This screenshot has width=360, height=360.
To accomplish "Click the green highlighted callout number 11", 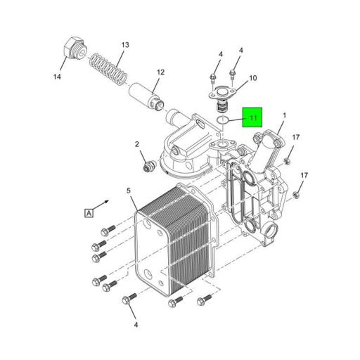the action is [x=253, y=117].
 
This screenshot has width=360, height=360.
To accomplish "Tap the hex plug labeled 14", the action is [x=75, y=50].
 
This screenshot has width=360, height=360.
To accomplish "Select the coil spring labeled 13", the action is [x=109, y=70].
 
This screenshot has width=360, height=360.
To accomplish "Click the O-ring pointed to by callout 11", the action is [x=222, y=120].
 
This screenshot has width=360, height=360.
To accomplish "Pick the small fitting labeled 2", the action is [x=148, y=166].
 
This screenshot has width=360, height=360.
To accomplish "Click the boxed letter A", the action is [x=89, y=213].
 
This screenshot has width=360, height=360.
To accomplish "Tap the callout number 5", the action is [x=129, y=191].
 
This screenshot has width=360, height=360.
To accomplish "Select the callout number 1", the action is [x=285, y=115].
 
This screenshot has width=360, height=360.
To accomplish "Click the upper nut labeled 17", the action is [x=286, y=161].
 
